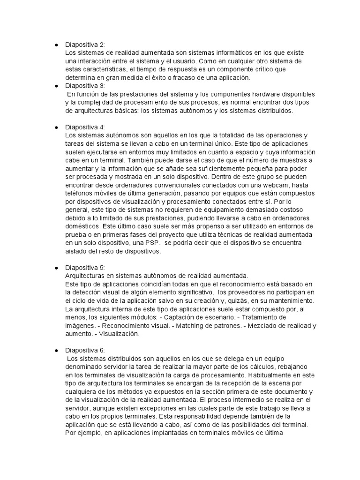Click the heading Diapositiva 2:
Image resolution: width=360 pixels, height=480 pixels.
85,45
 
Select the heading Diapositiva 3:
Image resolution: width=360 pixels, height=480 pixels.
85,86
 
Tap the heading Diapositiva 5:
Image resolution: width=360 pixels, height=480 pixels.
85,268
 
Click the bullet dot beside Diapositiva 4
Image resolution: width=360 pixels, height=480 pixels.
56,127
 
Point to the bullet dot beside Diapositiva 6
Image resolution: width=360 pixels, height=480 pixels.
56,350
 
